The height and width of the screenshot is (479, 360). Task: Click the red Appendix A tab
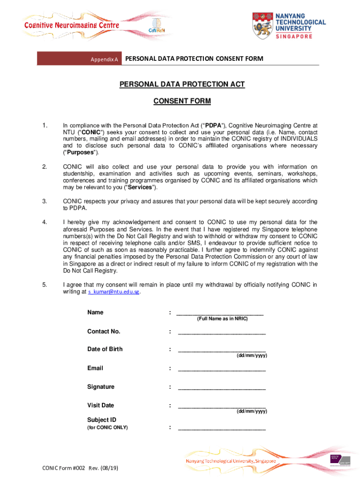pyautogui.click(x=79, y=59)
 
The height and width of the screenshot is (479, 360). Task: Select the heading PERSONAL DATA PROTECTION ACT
pyautogui.click(x=182, y=84)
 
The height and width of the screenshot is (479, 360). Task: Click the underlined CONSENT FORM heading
pyautogui.click(x=182, y=101)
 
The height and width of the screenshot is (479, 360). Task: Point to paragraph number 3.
pyautogui.click(x=44, y=201)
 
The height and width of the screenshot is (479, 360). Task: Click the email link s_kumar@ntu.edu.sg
pyautogui.click(x=114, y=292)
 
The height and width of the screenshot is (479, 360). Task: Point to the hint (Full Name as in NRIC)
pyautogui.click(x=222, y=319)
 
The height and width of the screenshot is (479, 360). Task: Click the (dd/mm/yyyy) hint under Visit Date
pyautogui.click(x=252, y=411)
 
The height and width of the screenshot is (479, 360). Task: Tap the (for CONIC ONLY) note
pyautogui.click(x=108, y=428)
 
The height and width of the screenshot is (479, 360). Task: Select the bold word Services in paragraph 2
pyautogui.click(x=140, y=187)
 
